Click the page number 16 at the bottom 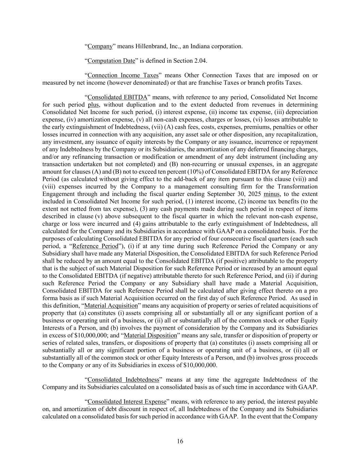coord(180,441)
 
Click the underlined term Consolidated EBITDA coord(117,97)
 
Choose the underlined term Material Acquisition coord(111,306)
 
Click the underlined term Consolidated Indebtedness coord(124,380)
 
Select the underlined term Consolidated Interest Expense coord(127,401)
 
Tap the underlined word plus coord(92,105)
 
